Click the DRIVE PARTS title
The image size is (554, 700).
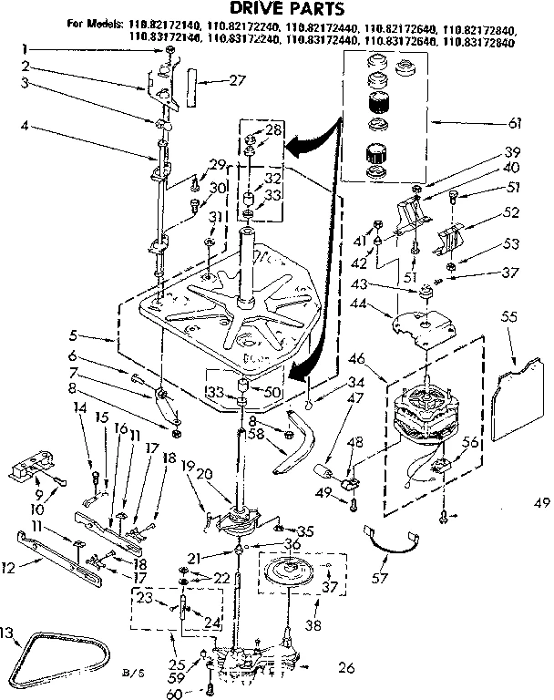pos(277,8)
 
